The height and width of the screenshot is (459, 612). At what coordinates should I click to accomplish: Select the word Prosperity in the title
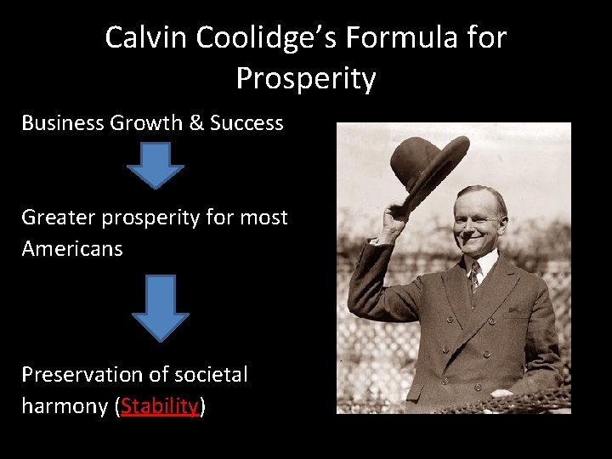(x=306, y=78)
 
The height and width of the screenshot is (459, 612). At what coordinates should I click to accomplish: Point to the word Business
(x=62, y=123)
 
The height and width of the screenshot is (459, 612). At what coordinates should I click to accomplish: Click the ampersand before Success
(x=196, y=123)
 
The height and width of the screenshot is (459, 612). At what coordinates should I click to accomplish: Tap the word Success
(x=246, y=123)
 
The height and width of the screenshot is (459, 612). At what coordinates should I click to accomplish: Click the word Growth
(x=146, y=123)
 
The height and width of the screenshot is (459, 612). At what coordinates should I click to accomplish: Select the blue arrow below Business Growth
(x=155, y=165)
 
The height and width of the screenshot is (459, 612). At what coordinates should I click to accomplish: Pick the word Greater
(x=59, y=218)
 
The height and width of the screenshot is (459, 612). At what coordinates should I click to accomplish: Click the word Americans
(x=72, y=249)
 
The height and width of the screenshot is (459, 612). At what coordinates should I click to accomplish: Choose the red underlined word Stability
(x=160, y=406)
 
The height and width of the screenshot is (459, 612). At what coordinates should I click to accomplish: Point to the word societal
(x=210, y=375)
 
